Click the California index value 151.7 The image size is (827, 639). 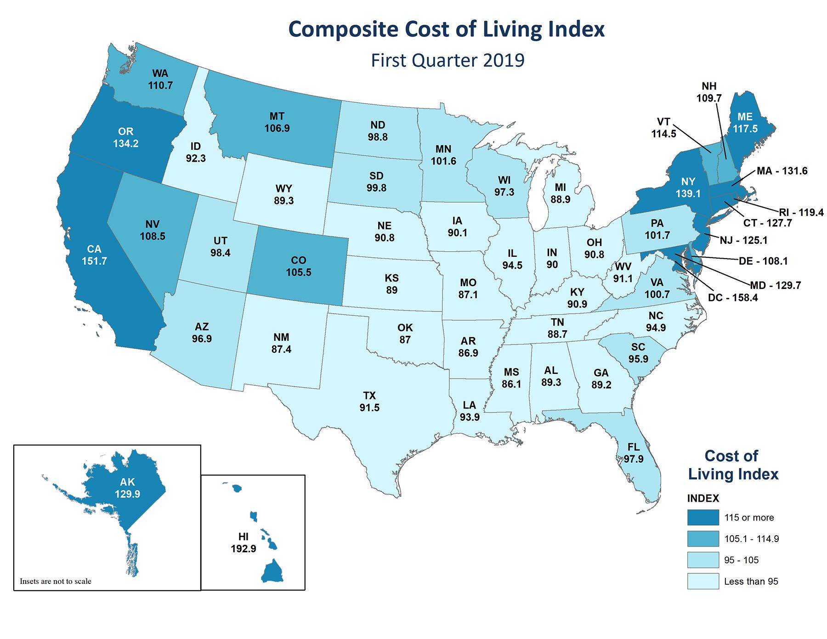(x=94, y=261)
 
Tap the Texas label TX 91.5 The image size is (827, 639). (x=369, y=401)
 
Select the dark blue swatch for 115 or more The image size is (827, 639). (x=703, y=517)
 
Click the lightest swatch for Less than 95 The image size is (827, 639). (x=703, y=581)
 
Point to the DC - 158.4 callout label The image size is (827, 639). (x=733, y=298)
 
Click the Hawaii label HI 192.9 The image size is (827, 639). (x=244, y=543)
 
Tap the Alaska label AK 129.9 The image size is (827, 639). (x=128, y=488)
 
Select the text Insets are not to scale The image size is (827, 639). (x=56, y=581)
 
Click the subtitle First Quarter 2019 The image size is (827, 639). (x=447, y=60)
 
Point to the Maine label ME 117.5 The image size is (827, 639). (x=745, y=123)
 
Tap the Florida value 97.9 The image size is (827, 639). (x=633, y=458)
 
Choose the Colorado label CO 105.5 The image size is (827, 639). (x=299, y=267)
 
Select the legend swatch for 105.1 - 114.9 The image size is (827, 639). (x=703, y=538)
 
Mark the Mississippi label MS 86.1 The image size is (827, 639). (x=511, y=378)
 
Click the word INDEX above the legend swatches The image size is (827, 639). (x=703, y=498)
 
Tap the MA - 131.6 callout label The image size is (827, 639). (x=782, y=171)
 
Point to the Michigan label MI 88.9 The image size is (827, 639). (x=560, y=193)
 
